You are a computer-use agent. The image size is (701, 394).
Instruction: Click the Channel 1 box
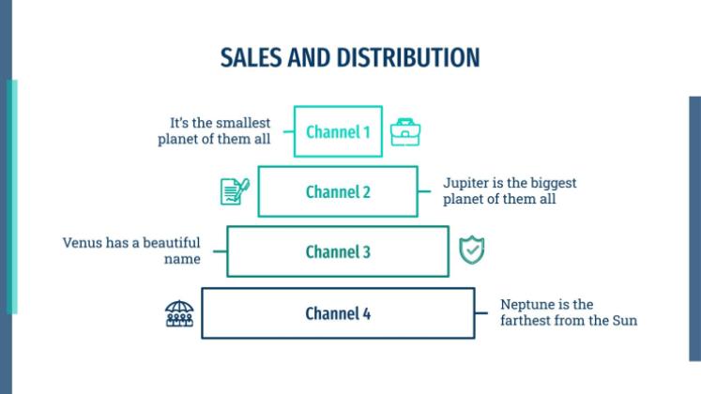[338, 131]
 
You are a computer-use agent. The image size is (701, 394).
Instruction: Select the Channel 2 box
[338, 191]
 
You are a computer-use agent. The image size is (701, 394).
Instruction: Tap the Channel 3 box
[338, 251]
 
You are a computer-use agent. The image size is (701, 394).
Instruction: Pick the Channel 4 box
[338, 312]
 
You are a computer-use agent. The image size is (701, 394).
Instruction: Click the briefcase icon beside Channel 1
[405, 132]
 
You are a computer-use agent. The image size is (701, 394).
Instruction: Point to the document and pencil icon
[234, 190]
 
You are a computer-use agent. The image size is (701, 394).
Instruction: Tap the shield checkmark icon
[471, 250]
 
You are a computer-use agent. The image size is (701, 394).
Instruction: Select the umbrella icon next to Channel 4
[178, 312]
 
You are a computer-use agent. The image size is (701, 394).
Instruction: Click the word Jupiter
[467, 182]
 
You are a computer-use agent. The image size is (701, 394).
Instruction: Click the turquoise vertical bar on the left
[11, 196]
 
